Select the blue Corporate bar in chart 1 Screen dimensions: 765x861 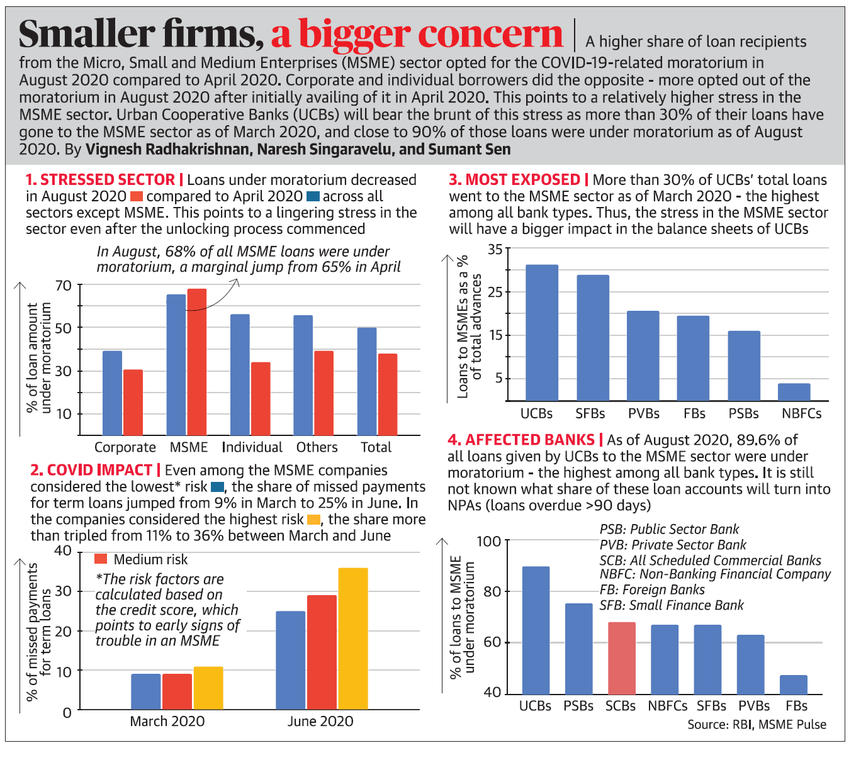(x=112, y=393)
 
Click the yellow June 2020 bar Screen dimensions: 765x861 (x=352, y=639)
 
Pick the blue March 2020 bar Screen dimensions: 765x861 (x=146, y=691)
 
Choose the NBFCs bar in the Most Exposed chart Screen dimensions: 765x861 (x=794, y=392)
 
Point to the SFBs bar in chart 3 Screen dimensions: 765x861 (x=592, y=338)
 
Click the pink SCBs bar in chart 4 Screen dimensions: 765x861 (x=621, y=657)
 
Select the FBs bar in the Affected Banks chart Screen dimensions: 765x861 (x=793, y=684)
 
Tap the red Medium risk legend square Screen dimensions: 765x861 (x=101, y=559)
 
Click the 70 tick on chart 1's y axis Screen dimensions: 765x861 (x=64, y=286)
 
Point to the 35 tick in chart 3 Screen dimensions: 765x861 (x=495, y=250)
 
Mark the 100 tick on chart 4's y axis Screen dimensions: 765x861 (x=489, y=541)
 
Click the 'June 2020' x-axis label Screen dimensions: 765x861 (x=320, y=722)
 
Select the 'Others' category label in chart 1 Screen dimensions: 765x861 (x=317, y=447)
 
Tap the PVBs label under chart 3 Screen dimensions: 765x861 (x=643, y=414)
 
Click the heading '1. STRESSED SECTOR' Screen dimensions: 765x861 (x=100, y=180)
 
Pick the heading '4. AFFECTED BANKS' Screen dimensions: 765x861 (x=521, y=440)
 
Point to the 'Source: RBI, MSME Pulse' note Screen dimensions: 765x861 (x=757, y=725)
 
